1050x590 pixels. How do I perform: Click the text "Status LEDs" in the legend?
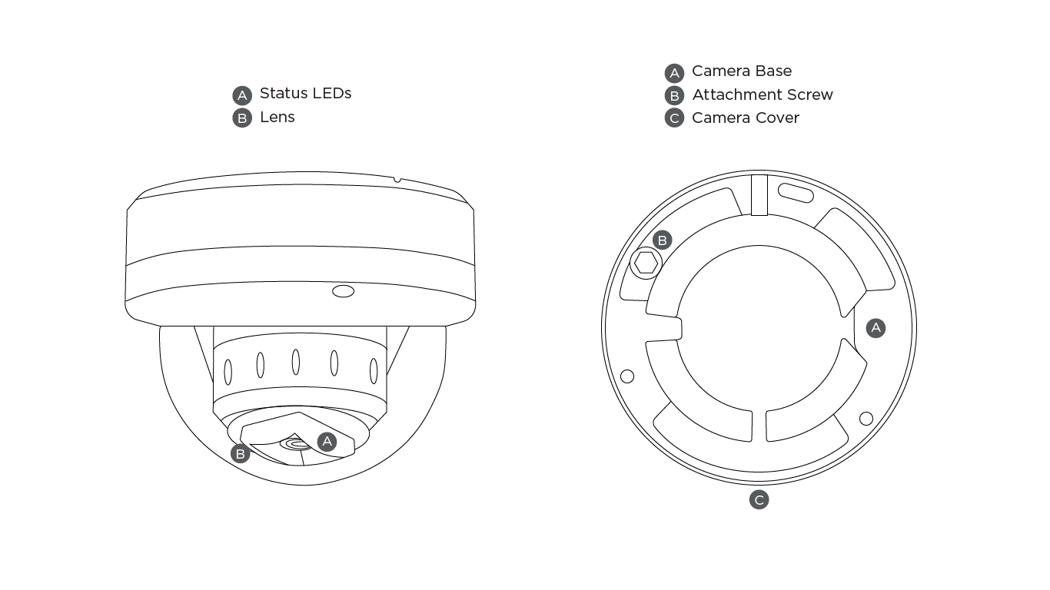[x=305, y=93]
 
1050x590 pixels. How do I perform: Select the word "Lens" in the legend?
[x=277, y=117]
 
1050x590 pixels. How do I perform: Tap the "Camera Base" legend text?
[x=741, y=71]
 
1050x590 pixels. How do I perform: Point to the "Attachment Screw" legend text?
[x=762, y=94]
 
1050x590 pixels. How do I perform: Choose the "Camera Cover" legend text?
[x=745, y=118]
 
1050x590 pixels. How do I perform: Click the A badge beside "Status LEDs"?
[x=242, y=95]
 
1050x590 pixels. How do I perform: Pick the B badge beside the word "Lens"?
[x=242, y=118]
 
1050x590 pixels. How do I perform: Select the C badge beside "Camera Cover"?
[x=674, y=118]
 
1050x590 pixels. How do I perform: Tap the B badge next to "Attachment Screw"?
[x=674, y=95]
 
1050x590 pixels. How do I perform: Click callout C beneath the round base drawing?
[x=759, y=500]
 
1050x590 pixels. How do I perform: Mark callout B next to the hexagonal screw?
[x=662, y=240]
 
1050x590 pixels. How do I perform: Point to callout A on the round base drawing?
[x=876, y=328]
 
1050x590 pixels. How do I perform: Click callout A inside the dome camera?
[x=327, y=441]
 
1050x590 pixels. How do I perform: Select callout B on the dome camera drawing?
[x=241, y=454]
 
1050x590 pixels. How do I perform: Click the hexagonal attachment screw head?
[x=646, y=264]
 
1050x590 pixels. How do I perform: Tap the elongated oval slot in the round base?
[x=795, y=192]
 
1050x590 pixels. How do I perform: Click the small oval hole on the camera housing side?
[x=343, y=291]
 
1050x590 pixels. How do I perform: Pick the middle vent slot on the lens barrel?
[x=296, y=362]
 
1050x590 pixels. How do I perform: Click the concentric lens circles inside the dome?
[x=294, y=443]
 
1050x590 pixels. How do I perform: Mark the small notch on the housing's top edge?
[x=397, y=180]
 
